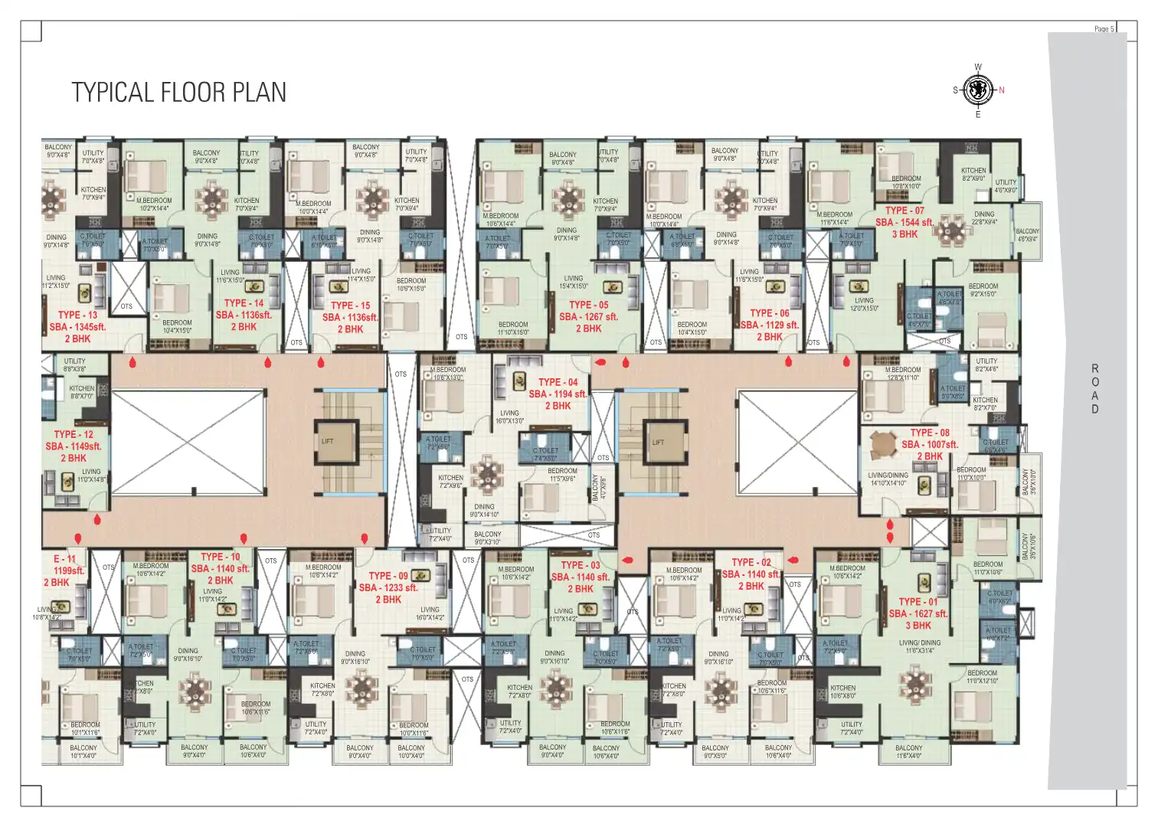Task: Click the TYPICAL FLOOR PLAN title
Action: (179, 93)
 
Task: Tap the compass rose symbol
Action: (978, 90)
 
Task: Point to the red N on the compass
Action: (1002, 90)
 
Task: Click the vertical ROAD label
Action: (1095, 389)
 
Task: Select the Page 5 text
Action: (1104, 29)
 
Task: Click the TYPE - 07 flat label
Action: (904, 211)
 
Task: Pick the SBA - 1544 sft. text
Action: (904, 223)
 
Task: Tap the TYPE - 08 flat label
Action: (930, 433)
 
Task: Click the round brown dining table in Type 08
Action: (884, 443)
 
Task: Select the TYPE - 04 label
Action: (558, 382)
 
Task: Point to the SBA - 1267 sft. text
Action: (588, 316)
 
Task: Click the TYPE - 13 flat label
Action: (77, 315)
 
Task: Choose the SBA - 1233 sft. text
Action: (388, 588)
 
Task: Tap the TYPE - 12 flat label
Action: (74, 434)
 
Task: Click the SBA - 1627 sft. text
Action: (918, 613)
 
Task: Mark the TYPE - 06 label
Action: (769, 313)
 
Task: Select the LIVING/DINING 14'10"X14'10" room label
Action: (888, 479)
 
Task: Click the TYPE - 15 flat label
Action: (350, 306)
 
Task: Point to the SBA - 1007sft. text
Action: (930, 444)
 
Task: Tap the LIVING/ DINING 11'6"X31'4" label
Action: (920, 647)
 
